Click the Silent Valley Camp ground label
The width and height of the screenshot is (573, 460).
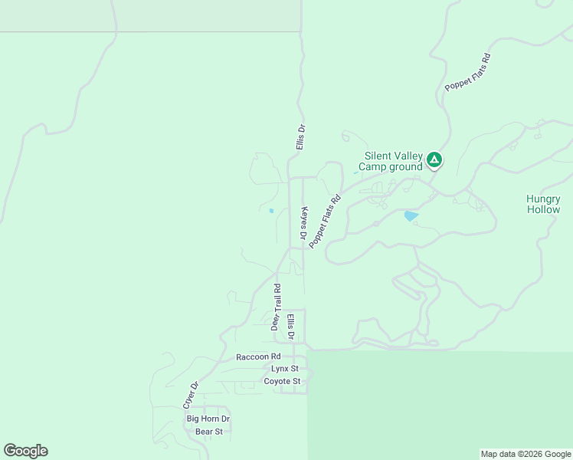(393, 161)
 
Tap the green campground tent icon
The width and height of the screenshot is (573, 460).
(434, 160)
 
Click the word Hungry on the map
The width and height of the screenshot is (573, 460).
(543, 199)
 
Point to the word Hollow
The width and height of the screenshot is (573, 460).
(543, 209)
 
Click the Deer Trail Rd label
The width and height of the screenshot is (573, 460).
(277, 307)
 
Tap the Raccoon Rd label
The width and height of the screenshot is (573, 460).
(258, 356)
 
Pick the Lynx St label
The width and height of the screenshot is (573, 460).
(285, 369)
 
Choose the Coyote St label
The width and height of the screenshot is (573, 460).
(282, 381)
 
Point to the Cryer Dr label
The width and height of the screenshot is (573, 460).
(190, 395)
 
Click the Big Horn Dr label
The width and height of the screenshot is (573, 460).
(208, 419)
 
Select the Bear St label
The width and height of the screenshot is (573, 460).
(208, 432)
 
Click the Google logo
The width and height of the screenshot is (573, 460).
(25, 451)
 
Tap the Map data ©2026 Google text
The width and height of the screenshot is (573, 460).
(526, 454)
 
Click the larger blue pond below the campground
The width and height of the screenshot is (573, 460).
(411, 216)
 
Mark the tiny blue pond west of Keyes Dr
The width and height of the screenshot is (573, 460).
(271, 211)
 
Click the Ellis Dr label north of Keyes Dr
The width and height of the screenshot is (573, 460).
(301, 138)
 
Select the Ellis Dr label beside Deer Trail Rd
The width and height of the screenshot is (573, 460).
(291, 326)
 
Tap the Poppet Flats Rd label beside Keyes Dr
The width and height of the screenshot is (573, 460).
(324, 221)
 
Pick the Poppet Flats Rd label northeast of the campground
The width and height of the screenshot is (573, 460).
(467, 74)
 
